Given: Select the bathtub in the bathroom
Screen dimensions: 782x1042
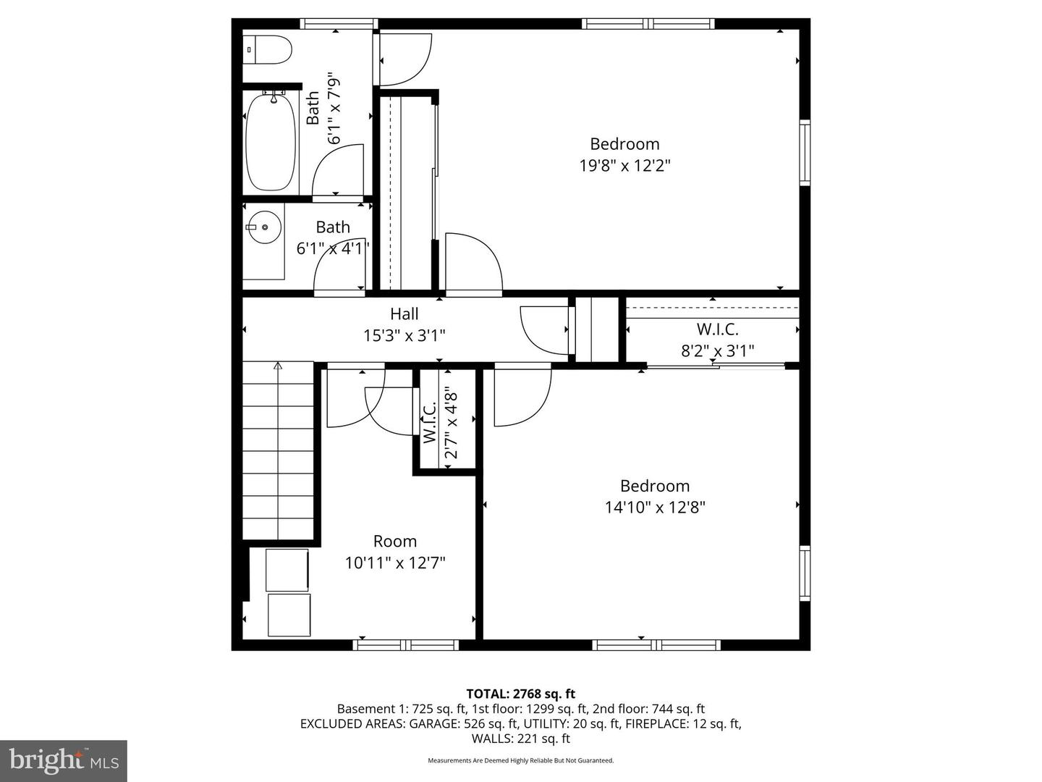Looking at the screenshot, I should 271,142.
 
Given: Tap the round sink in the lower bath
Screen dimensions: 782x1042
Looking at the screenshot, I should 264,227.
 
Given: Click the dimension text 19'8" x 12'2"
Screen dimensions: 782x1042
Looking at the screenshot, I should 624,166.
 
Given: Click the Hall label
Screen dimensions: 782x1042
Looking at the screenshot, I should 404,314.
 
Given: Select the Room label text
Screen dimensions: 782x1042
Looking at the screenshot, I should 394,542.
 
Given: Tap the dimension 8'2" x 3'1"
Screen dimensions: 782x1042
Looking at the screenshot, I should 717,351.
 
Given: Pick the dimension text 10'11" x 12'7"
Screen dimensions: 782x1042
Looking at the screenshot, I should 394,563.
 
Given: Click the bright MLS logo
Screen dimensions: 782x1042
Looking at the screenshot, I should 64,760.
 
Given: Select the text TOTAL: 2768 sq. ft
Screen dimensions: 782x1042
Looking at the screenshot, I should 520,694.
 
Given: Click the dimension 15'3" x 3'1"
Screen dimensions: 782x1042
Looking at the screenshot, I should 404,336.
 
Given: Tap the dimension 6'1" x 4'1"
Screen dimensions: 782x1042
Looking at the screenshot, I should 333,248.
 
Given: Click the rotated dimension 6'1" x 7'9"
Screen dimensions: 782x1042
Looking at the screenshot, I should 334,108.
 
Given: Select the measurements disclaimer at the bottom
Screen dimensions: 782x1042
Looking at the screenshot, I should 520,761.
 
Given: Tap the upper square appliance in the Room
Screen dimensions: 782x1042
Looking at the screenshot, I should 287,570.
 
